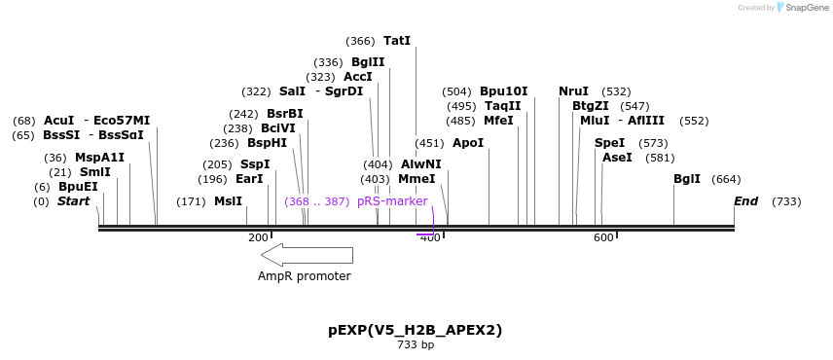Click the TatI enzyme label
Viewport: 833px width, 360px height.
tap(397, 41)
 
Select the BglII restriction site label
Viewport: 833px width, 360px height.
tap(368, 62)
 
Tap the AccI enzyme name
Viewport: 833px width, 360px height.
tap(358, 77)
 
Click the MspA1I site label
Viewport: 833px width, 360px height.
tap(99, 158)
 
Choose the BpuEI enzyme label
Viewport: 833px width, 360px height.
tap(78, 187)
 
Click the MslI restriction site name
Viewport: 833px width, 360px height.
tap(228, 201)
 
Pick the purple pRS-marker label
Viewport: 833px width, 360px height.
tap(392, 201)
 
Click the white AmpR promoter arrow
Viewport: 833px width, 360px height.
tap(307, 255)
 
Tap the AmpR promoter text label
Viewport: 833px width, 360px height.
tap(304, 276)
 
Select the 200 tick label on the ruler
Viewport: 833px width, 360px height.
tap(258, 238)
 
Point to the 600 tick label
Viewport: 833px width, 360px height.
tap(603, 238)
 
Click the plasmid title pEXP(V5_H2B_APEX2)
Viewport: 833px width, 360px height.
tap(416, 330)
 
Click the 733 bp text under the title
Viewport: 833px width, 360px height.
tap(416, 344)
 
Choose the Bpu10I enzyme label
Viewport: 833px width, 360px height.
tap(503, 91)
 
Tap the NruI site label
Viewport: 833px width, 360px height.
tap(573, 91)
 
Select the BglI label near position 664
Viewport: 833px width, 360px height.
tap(687, 179)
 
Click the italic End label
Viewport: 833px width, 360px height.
tap(746, 201)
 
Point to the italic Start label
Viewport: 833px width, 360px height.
tap(73, 201)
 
